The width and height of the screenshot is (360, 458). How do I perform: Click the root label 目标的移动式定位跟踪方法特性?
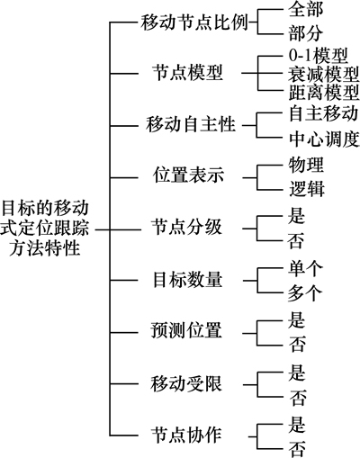point(45,229)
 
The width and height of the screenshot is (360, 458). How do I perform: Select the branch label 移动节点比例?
point(194,22)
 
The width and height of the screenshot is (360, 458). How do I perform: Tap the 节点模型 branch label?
point(187,73)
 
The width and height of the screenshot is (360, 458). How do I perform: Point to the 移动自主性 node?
point(191,125)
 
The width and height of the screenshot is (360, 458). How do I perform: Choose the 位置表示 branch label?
point(188,175)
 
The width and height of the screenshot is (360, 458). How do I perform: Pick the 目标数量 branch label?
point(187,280)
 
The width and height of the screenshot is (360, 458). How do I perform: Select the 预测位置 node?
point(186,330)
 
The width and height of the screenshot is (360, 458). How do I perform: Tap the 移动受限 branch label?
point(186,383)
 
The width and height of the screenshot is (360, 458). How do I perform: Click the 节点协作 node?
point(186,435)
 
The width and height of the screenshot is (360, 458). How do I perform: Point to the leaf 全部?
point(306,9)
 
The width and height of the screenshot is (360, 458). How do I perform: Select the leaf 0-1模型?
point(319,56)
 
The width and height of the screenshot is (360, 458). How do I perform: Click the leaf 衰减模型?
point(324,74)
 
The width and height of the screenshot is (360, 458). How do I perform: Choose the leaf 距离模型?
point(324,93)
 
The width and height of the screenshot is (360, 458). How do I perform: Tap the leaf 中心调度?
point(324,139)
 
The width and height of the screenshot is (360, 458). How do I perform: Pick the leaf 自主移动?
point(324,113)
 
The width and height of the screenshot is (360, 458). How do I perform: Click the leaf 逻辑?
point(307,189)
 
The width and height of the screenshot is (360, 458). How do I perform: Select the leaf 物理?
point(306,165)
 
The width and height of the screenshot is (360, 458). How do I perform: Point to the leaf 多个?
point(305,293)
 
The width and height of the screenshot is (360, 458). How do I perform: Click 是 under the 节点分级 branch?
point(296,216)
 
